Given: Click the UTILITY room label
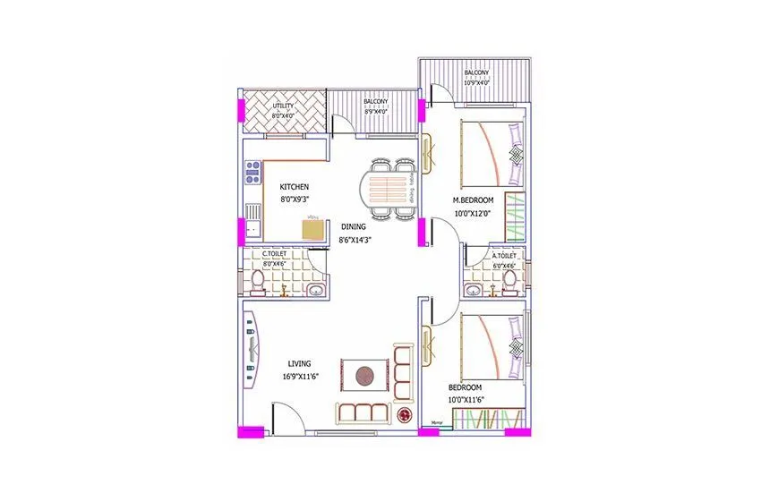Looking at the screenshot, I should tap(282, 106).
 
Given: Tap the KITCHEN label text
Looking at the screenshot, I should tap(295, 187).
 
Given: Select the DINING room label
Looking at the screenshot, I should tap(353, 227).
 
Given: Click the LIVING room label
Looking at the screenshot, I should tap(299, 363).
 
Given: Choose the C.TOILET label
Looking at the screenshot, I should tap(274, 255).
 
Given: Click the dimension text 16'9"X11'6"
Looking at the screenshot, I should tap(299, 377).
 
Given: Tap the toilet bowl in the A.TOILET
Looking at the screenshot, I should tap(509, 282).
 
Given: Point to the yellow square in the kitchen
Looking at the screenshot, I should tap(313, 230).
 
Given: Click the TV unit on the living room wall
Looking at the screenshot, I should tap(252, 339).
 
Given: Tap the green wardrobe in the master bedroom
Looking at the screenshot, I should tap(515, 219).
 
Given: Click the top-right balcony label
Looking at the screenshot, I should tap(476, 72).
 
